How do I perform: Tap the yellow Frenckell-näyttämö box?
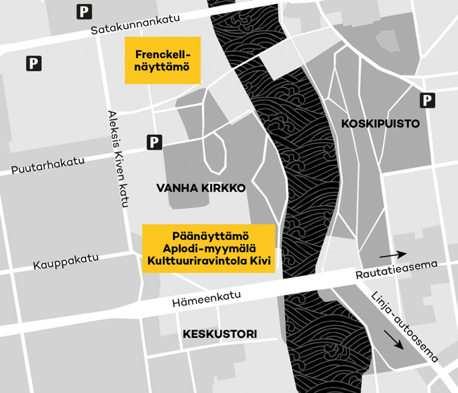click(163, 60)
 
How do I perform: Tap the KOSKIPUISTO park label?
click(381, 124)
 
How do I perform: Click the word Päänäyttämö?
click(209, 236)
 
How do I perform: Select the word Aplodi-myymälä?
click(209, 248)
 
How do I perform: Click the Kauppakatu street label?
click(66, 262)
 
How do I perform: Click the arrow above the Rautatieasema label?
click(393, 255)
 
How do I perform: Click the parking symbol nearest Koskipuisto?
click(427, 100)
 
